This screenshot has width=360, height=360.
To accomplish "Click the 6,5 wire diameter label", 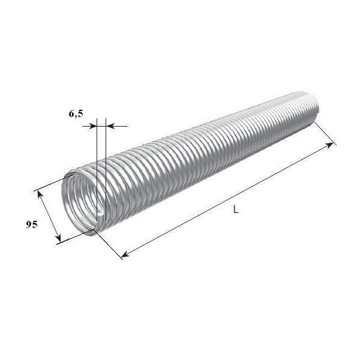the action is click(76, 114).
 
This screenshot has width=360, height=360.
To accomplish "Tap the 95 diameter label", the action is click(31, 224).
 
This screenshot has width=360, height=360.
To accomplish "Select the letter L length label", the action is click(236, 209).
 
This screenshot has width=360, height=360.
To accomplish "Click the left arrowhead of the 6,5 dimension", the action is click(93, 126).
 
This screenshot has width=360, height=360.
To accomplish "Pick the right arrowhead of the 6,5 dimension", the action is click(110, 126).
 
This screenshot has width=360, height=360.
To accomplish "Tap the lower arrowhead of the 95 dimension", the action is click(58, 238).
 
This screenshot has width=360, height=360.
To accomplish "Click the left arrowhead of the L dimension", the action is click(125, 254).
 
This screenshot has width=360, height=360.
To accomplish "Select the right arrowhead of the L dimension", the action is click(329, 145).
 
